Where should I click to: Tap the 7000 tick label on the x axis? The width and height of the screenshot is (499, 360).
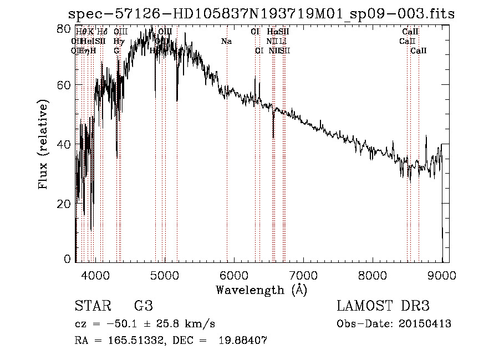(303, 274)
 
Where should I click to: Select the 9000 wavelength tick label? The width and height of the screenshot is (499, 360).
(442, 274)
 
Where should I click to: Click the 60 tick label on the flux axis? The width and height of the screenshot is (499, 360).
(65, 85)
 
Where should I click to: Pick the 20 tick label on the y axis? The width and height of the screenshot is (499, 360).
(65, 204)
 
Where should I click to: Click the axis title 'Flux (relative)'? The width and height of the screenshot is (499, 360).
(44, 144)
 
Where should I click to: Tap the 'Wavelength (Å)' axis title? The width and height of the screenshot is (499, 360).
(261, 290)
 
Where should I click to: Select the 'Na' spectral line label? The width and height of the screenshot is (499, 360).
(226, 41)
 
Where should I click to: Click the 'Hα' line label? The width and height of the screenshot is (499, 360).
(272, 32)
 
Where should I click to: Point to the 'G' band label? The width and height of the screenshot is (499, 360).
(116, 50)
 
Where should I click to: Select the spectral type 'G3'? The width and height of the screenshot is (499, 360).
(144, 307)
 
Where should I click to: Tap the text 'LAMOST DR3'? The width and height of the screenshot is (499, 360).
(383, 307)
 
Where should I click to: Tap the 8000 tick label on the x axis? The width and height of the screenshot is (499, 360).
(372, 274)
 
